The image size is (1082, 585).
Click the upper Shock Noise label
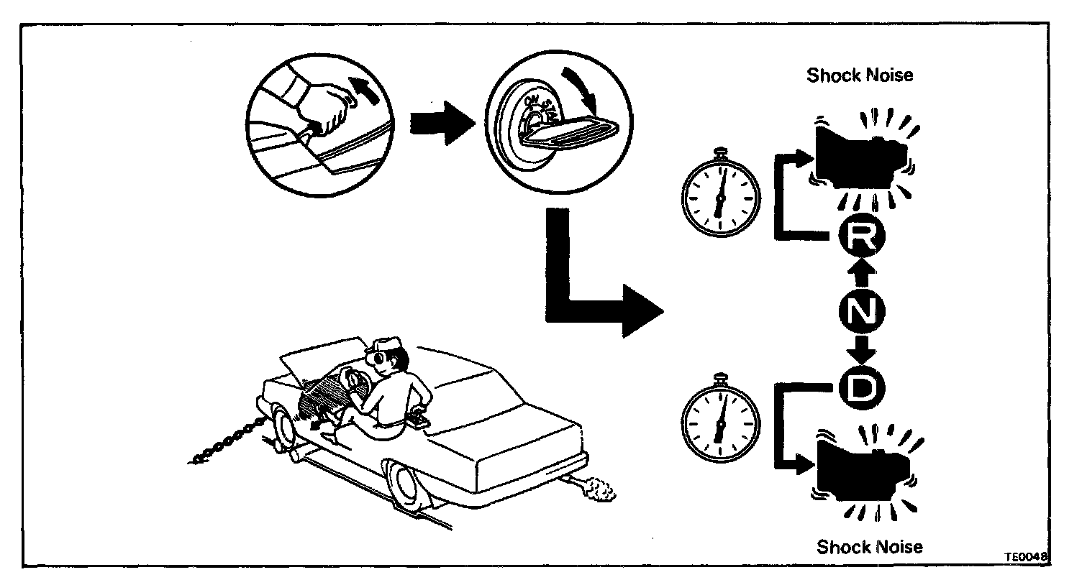click(859, 75)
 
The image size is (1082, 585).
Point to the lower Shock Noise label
click(869, 547)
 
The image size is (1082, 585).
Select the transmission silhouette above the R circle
click(860, 153)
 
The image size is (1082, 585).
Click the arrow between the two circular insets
click(440, 122)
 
